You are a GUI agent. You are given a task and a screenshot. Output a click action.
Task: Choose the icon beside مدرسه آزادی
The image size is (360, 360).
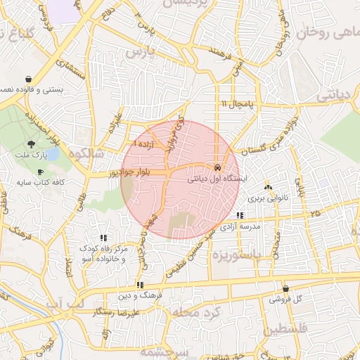click(240, 216)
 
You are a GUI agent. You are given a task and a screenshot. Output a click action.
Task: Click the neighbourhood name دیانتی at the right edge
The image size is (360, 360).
click(340, 95)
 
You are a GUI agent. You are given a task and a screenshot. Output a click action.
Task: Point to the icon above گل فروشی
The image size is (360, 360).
click(285, 288)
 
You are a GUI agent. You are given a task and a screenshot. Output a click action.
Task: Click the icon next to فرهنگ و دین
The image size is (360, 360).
click(141, 285)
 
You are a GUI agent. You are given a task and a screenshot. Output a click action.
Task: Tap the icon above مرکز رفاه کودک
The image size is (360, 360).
click(103, 238)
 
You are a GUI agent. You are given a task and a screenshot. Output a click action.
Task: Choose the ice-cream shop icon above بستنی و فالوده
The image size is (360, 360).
click(28, 79)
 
